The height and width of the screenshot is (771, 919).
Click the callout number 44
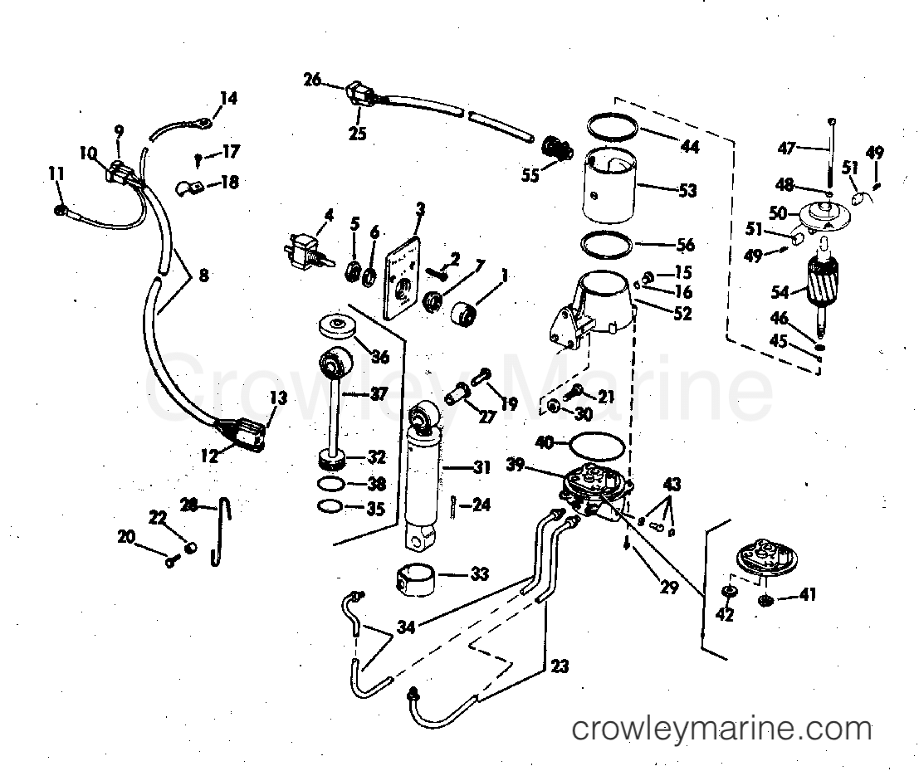tap(688, 147)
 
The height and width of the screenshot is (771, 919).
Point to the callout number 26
tap(312, 80)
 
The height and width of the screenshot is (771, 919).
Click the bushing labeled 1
tap(467, 316)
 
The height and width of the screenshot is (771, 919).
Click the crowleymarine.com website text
tap(722, 730)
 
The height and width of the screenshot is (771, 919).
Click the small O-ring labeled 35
tap(330, 507)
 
